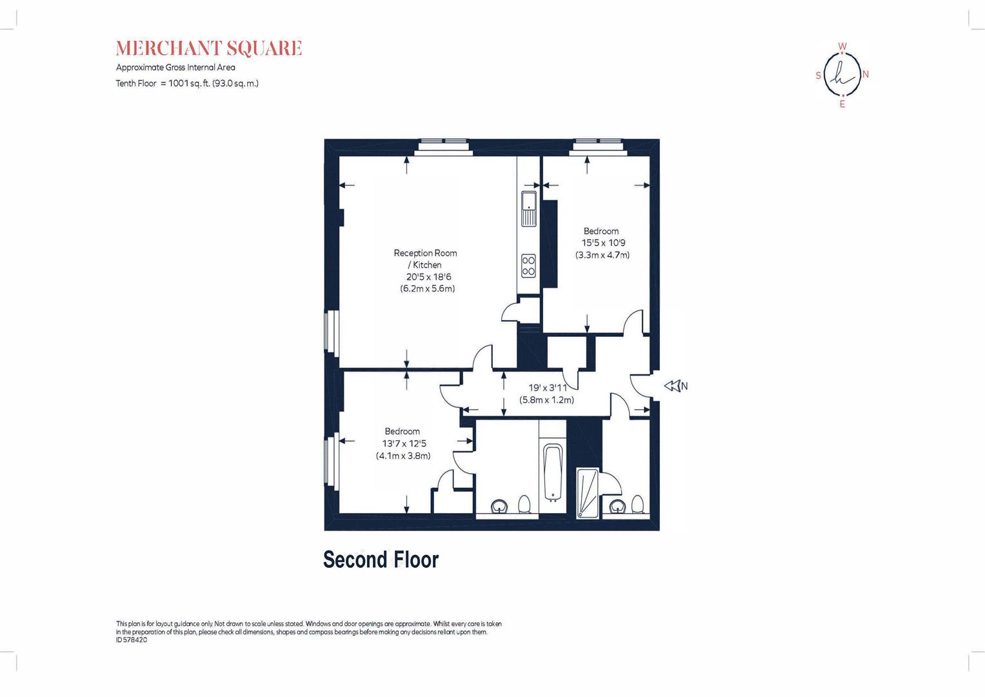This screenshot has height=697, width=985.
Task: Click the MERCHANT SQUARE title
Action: coord(208,48)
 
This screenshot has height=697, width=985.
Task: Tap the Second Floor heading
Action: coord(381,560)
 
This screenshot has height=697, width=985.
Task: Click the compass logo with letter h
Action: coord(842,75)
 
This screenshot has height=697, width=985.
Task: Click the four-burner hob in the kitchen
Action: coord(528,265)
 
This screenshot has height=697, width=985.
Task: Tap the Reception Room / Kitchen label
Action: coord(425,259)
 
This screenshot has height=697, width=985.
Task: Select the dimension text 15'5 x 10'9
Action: coord(603,243)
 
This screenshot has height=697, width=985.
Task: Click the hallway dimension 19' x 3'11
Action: coord(547,388)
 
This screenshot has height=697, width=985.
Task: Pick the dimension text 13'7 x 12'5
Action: coord(404,443)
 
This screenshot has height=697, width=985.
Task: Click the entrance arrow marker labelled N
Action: coord(675,386)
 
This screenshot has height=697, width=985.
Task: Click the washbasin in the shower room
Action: coord(617,507)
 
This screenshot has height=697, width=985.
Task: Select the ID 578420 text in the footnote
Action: coord(132,640)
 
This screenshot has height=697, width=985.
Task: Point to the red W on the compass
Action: coord(842,46)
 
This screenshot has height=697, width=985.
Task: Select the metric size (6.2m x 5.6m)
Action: coord(428,288)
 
